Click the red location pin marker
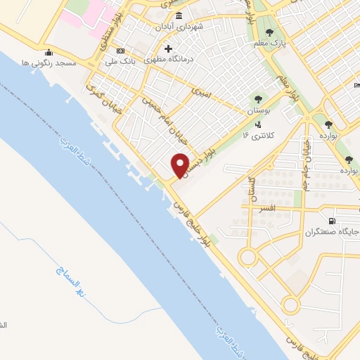[x=180, y=165]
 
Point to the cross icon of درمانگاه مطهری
[x=168, y=49]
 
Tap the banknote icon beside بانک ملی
[x=120, y=51]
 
